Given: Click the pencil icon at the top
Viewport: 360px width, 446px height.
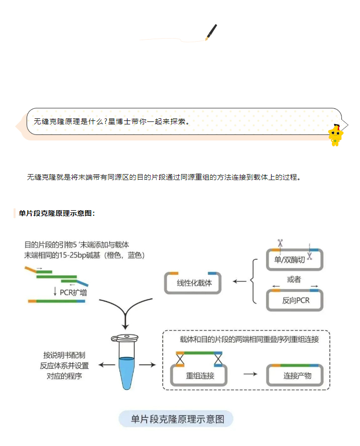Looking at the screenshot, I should pos(211,32).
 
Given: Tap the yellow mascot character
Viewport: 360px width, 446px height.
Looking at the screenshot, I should pos(335,134).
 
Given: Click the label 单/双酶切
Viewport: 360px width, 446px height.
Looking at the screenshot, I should pos(290,260).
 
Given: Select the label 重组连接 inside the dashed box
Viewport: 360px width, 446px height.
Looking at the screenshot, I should pos(200,375).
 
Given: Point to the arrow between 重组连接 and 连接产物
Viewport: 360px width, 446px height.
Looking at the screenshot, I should pos(250,374).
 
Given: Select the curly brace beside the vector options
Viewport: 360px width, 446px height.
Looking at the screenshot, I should pos(254,281).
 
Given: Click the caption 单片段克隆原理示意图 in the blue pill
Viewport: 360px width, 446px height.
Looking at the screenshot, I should pos(177,419).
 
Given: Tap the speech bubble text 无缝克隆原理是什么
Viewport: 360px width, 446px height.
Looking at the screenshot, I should pos(110,121).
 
